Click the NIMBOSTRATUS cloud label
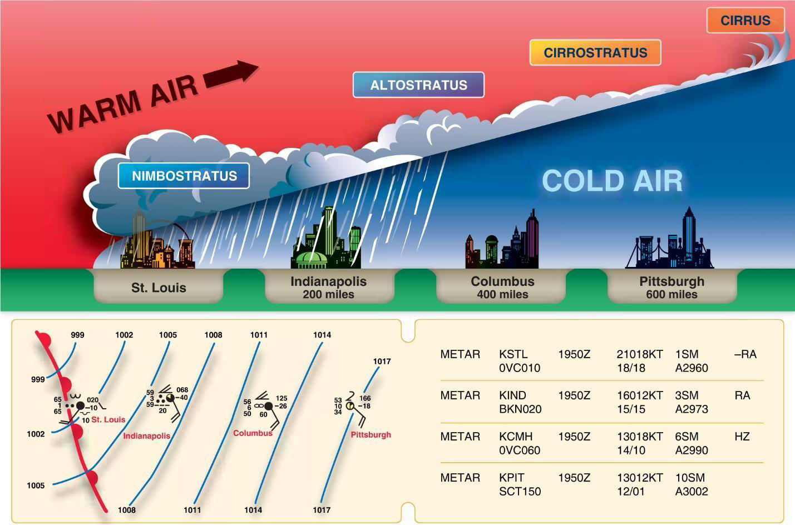click(184, 176)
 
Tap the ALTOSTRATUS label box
click(418, 85)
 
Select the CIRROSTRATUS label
click(595, 52)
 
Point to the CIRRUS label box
click(745, 20)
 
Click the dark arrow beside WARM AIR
click(231, 73)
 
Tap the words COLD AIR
click(612, 181)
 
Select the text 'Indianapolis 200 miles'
click(329, 288)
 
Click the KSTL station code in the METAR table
click(513, 354)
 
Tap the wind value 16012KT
click(640, 395)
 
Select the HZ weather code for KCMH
click(742, 437)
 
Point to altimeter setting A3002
click(692, 491)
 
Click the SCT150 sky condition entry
click(520, 491)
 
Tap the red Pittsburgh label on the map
click(371, 434)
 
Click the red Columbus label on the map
click(253, 433)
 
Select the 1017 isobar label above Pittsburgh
click(382, 361)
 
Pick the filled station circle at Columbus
click(269, 406)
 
